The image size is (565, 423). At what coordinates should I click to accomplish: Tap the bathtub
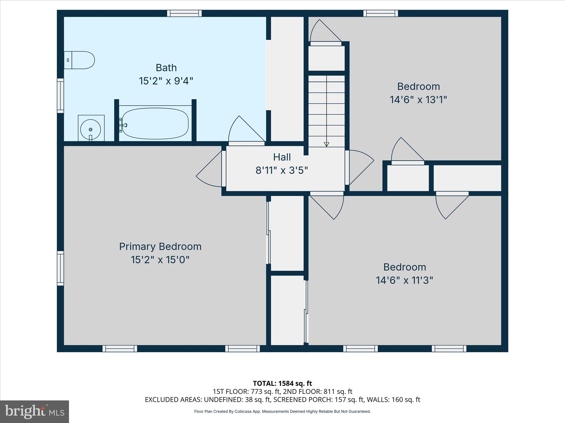point(155,123)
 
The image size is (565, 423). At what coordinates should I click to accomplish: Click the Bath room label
point(166,68)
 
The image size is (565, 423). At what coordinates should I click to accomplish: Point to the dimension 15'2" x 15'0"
point(160,260)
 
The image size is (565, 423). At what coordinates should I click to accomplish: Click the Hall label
point(282,157)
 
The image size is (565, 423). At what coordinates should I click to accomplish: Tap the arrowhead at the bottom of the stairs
point(326,144)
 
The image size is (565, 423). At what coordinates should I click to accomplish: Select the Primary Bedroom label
point(160,246)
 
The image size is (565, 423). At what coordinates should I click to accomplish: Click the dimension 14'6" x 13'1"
point(418,100)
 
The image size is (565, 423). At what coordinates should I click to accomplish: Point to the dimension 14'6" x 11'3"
point(404,281)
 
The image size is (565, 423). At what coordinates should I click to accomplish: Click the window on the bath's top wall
point(185,13)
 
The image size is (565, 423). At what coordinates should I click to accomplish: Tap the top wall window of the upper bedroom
point(380,13)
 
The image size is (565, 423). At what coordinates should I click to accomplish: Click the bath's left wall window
point(60,96)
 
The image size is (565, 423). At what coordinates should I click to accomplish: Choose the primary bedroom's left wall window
point(60,268)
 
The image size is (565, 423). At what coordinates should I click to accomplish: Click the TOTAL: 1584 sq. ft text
point(282,383)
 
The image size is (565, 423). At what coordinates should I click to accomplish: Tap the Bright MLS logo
point(34,412)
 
